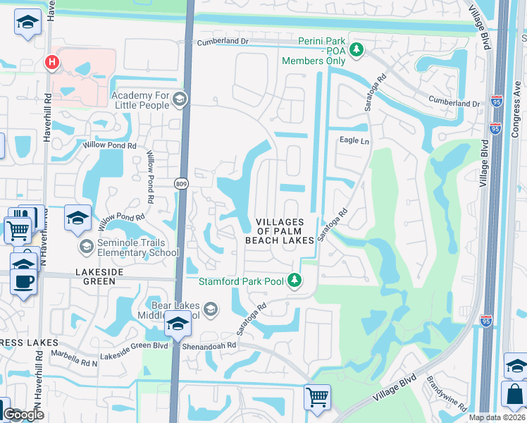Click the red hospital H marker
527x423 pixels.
click(x=51, y=63)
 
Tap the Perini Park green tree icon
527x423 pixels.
click(x=357, y=49)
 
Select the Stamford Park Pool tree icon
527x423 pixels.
click(x=295, y=281)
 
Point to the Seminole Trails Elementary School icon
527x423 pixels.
click(x=87, y=247)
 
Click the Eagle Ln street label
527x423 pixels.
click(x=354, y=141)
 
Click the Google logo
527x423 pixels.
click(x=23, y=414)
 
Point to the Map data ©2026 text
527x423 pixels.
click(x=496, y=417)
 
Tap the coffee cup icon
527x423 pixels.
click(x=23, y=281)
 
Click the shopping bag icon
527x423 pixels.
click(x=514, y=396)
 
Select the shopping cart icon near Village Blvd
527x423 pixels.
click(x=317, y=396)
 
